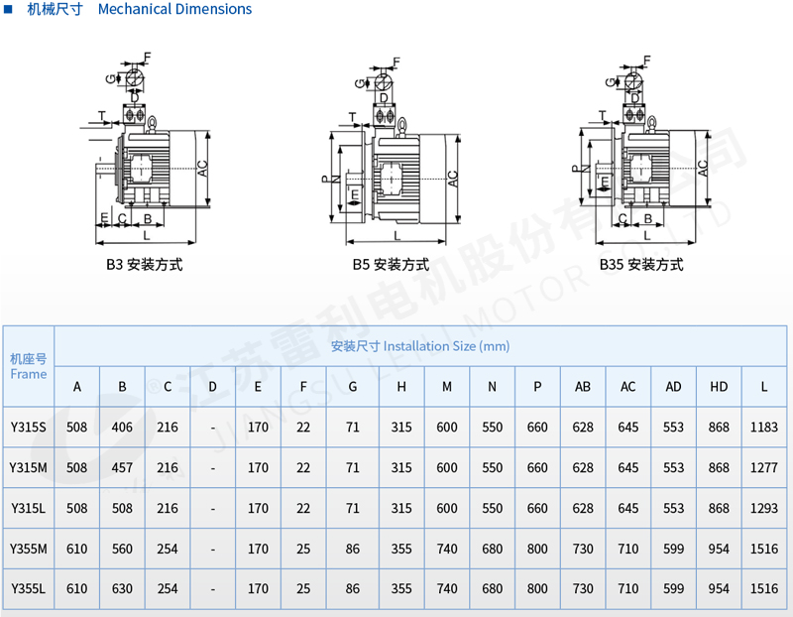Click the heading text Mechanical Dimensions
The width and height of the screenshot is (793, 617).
[174, 9]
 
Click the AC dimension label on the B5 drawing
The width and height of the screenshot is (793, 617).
[452, 179]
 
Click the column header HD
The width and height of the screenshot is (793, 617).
[719, 386]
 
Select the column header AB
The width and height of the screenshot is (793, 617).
[583, 386]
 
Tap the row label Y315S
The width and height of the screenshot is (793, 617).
[28, 428]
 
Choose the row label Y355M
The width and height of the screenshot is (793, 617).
[28, 549]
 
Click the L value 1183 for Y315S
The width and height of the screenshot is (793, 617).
[764, 428]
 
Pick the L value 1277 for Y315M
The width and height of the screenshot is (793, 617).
[764, 467]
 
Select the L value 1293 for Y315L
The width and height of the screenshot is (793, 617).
[764, 508]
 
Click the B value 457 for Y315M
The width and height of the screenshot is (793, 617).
[122, 467]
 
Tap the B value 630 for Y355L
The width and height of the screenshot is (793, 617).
[122, 588]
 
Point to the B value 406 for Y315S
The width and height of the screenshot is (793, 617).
[122, 428]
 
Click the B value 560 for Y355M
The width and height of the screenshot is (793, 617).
[122, 549]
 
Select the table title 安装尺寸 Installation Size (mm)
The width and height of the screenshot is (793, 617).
[420, 346]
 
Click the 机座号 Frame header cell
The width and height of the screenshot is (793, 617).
[28, 366]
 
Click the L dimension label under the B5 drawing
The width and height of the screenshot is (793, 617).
[396, 236]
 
